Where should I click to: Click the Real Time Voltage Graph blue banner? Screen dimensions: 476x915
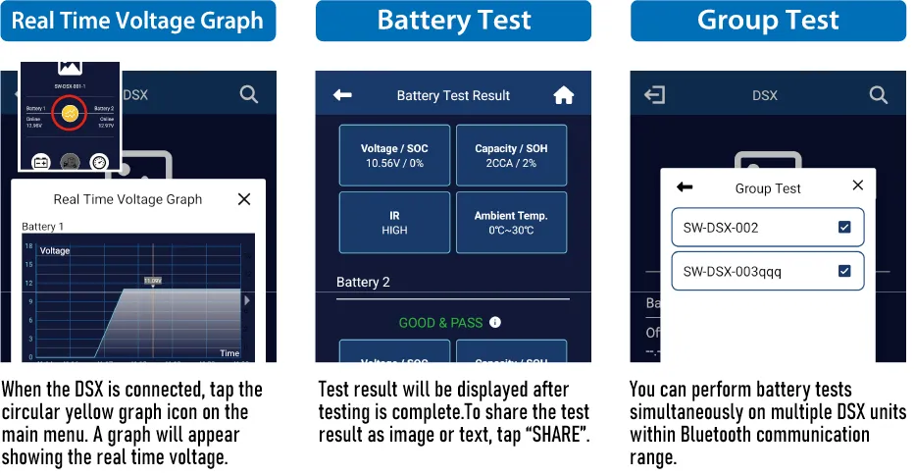point(137,21)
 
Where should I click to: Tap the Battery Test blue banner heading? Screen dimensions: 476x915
point(453,21)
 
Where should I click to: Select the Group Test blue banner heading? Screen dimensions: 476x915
point(768,21)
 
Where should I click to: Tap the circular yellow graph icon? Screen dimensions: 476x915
point(69,115)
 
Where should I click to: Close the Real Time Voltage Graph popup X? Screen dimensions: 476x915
point(244,199)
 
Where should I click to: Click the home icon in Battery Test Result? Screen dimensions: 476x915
point(563,95)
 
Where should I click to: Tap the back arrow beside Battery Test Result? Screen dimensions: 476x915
point(342,95)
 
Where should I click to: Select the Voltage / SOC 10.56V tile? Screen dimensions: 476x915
point(394,155)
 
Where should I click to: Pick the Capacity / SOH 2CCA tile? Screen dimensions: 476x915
point(511,155)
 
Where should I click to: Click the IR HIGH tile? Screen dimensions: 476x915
point(394,223)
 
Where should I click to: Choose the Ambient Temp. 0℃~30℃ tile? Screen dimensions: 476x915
point(511,223)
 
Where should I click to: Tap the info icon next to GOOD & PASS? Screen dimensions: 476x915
point(495,322)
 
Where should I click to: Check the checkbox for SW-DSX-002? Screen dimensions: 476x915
point(844,228)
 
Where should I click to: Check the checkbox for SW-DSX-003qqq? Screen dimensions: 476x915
point(844,271)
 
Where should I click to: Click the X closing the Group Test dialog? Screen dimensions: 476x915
point(858,185)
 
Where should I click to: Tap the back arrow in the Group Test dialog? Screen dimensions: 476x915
point(685,187)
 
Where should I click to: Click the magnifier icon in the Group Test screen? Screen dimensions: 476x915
point(879,95)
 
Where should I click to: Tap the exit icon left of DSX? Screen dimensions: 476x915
point(654,95)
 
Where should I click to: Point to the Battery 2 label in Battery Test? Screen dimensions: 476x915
point(363,283)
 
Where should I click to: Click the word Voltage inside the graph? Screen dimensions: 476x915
point(55,251)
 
